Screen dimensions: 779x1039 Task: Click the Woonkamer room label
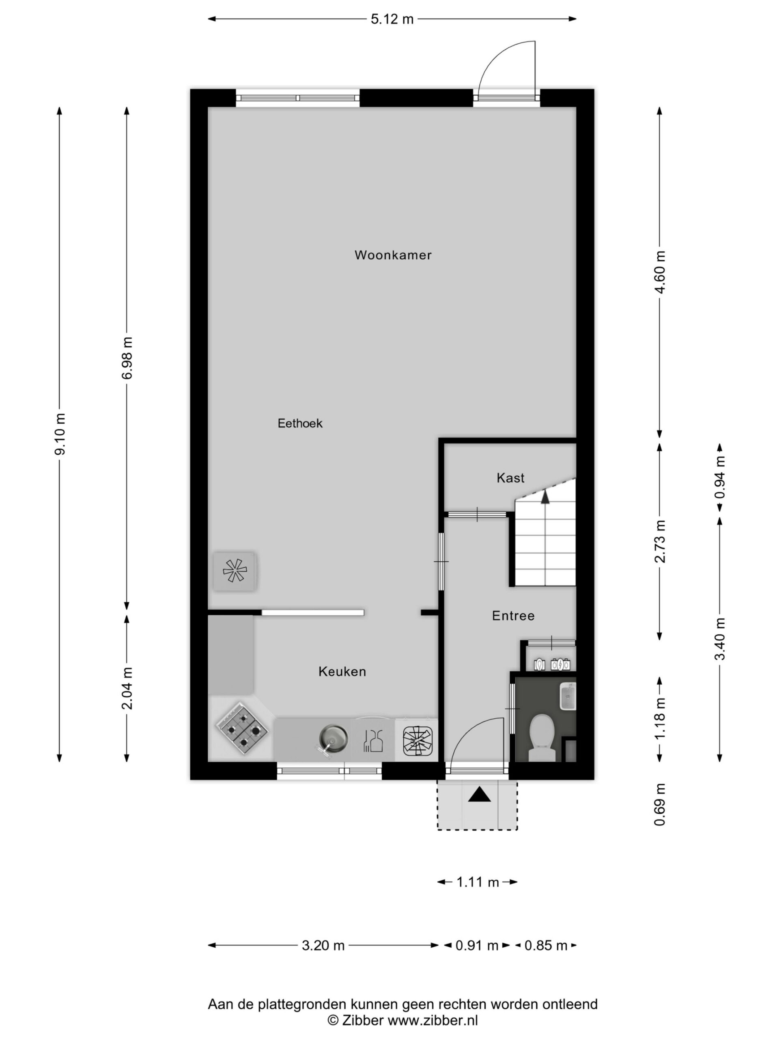pyautogui.click(x=393, y=255)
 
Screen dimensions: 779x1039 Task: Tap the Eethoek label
pyautogui.click(x=300, y=423)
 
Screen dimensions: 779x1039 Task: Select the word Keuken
pyautogui.click(x=342, y=671)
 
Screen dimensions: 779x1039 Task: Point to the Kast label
pyautogui.click(x=510, y=478)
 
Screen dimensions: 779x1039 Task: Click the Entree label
pyautogui.click(x=513, y=615)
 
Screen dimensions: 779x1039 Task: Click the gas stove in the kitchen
pyautogui.click(x=242, y=728)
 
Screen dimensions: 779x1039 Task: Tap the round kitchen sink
pyautogui.click(x=334, y=736)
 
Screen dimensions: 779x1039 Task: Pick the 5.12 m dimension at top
pyautogui.click(x=392, y=19)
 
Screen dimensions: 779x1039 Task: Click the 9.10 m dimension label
pyautogui.click(x=60, y=434)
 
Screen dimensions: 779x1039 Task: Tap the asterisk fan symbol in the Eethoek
pyautogui.click(x=235, y=571)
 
